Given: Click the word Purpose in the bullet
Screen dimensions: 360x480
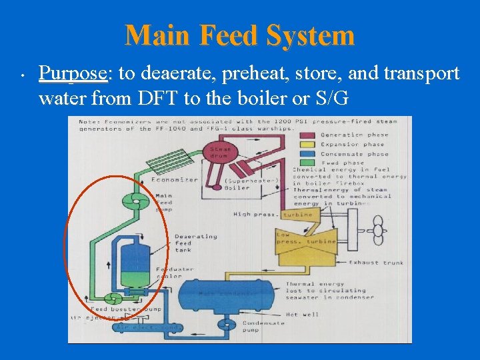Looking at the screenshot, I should point(73,73).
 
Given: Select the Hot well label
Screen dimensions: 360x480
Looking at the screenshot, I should point(301,315).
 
